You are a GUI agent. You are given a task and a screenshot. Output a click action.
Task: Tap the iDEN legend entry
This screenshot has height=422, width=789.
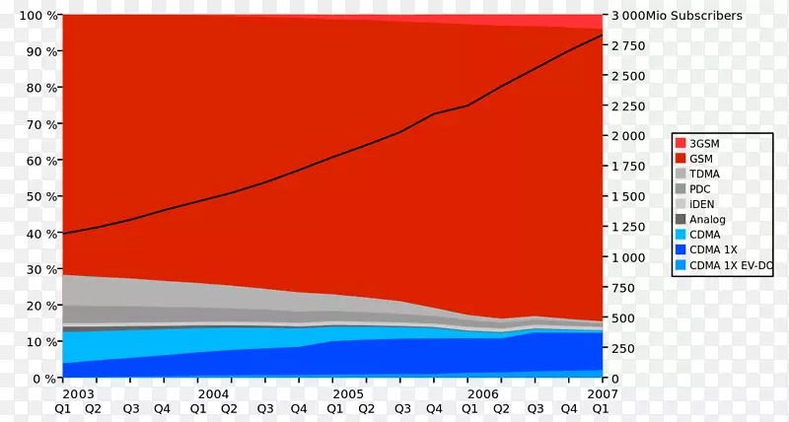[702, 203]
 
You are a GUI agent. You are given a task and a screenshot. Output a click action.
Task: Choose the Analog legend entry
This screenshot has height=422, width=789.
[707, 219]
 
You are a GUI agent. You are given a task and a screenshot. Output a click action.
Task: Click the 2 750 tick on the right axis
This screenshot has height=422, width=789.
[628, 46]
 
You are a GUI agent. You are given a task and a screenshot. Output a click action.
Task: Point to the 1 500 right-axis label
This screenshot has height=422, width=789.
[628, 197]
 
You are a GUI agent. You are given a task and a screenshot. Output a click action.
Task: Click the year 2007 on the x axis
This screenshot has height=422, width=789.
[602, 393]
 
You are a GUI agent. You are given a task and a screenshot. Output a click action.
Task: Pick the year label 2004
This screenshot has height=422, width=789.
[212, 393]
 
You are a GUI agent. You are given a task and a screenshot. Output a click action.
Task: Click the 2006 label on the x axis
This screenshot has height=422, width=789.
[483, 393]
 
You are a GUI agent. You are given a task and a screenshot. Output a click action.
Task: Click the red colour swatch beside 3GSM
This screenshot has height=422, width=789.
[681, 143]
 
